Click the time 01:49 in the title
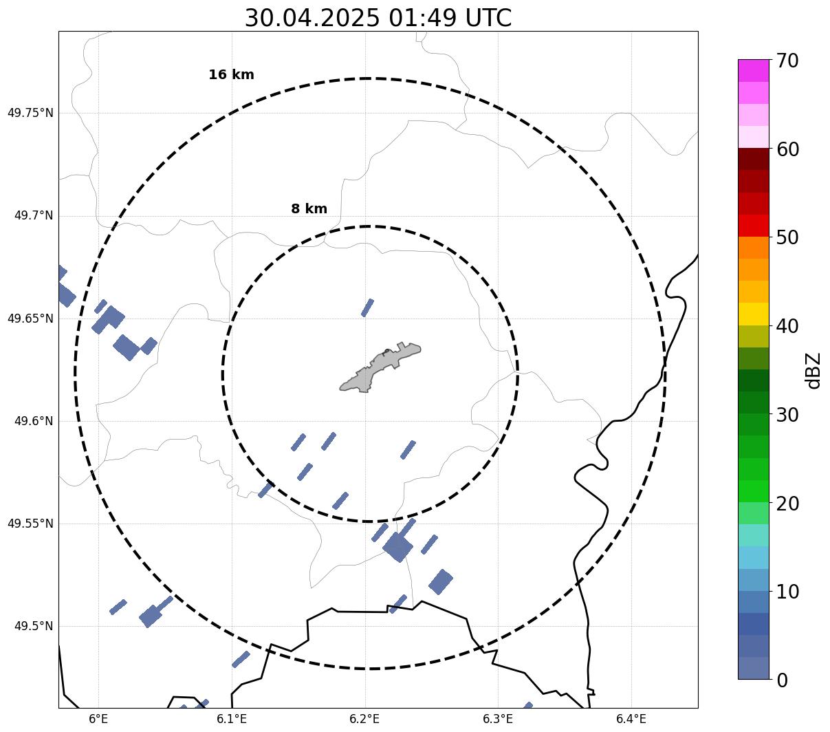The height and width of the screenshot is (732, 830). (422, 18)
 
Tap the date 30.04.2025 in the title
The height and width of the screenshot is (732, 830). (312, 18)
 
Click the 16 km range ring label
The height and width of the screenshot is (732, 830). (231, 74)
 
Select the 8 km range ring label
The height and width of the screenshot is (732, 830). (309, 208)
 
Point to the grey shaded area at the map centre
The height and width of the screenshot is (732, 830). (380, 367)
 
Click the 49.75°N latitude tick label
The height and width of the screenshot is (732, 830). (30, 113)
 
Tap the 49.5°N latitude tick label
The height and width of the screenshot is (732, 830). (34, 626)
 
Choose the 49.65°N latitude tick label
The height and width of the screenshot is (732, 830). (30, 319)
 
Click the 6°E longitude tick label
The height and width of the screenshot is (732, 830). (98, 719)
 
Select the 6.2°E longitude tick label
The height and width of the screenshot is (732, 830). (364, 719)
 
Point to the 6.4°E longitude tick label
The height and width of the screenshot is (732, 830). (631, 719)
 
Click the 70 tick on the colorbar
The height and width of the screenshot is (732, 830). (787, 61)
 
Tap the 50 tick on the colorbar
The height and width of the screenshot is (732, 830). (787, 238)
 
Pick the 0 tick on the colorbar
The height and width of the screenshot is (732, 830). (782, 681)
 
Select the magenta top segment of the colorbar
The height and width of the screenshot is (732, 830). (754, 70)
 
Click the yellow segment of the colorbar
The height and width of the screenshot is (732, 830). (754, 314)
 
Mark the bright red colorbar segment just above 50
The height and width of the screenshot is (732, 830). (754, 226)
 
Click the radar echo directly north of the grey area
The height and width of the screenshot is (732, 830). (367, 308)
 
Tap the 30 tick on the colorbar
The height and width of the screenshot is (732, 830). (787, 415)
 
